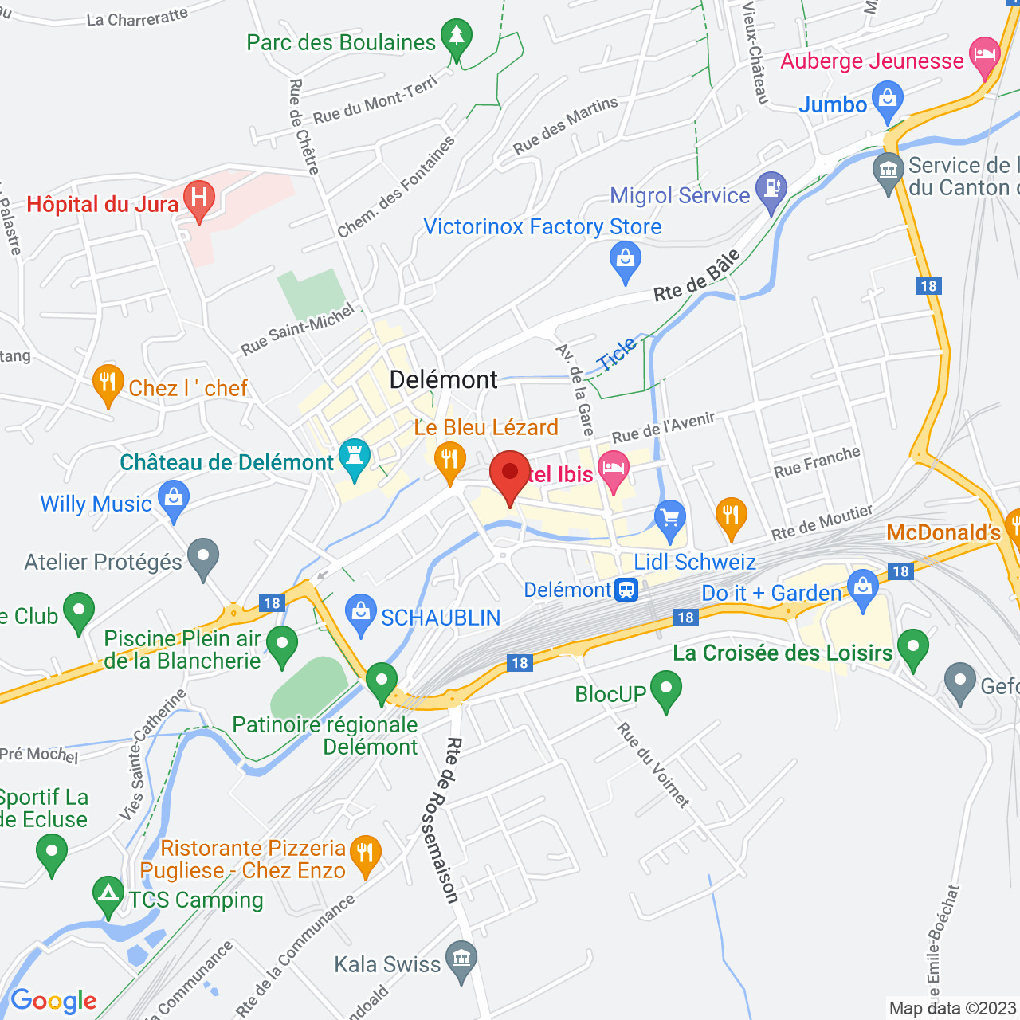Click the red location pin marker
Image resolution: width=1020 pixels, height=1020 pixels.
(510, 475)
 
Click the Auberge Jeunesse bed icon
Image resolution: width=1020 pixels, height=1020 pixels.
(986, 57)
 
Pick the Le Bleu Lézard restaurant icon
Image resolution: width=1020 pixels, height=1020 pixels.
(450, 461)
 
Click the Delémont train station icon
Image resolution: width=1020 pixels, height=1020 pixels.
(627, 590)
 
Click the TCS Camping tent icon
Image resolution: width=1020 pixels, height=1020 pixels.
(108, 896)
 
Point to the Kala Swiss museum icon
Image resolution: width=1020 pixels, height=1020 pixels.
(461, 960)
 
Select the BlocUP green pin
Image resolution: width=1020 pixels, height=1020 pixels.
(665, 690)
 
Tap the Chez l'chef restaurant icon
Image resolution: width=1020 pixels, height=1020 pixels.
(108, 384)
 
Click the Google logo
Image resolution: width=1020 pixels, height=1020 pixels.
(54, 1001)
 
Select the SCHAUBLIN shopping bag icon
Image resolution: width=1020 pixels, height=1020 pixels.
(361, 614)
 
